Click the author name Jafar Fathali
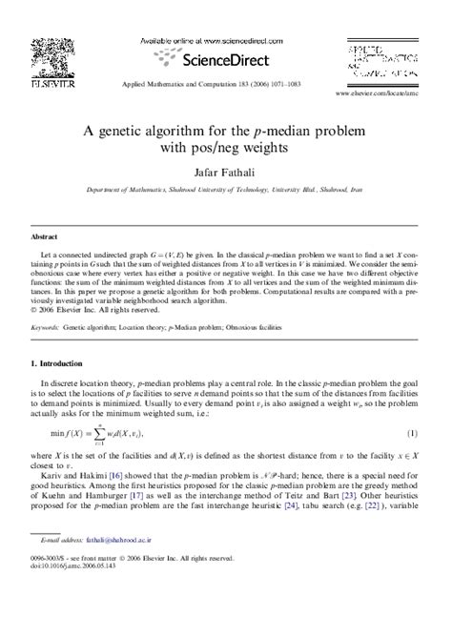pyautogui.click(x=225, y=176)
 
